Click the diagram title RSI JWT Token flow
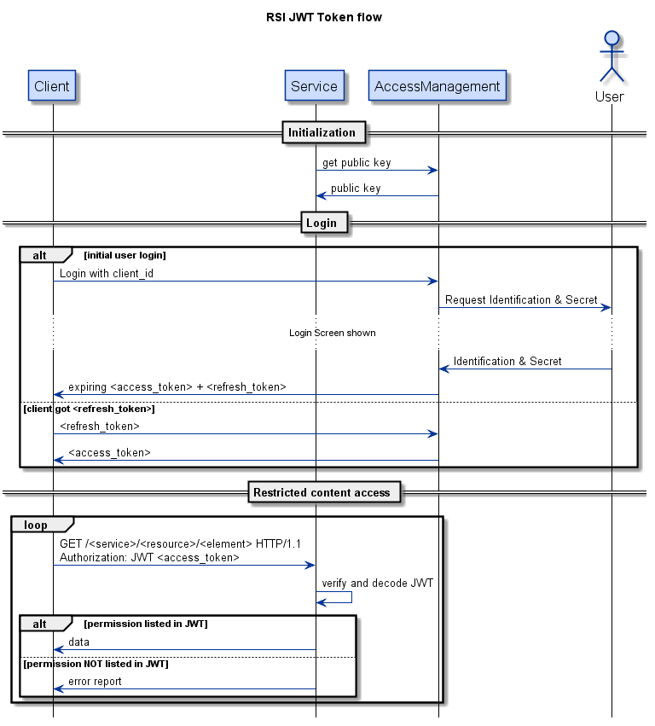point(327,17)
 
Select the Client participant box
point(52,86)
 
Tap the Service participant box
point(315,86)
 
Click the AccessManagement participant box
point(438,86)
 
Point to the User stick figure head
point(611,38)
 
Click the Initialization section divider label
point(322,132)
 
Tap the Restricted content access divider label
point(322,492)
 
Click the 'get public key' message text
point(356,163)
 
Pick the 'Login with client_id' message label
point(107,274)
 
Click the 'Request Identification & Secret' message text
point(521,300)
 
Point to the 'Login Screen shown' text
point(332,333)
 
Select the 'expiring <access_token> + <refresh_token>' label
point(177,387)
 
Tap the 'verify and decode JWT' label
point(377,584)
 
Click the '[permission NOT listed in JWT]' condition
point(96,664)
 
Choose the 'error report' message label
point(95,682)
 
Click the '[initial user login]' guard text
point(125,255)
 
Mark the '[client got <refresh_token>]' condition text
point(89,409)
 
